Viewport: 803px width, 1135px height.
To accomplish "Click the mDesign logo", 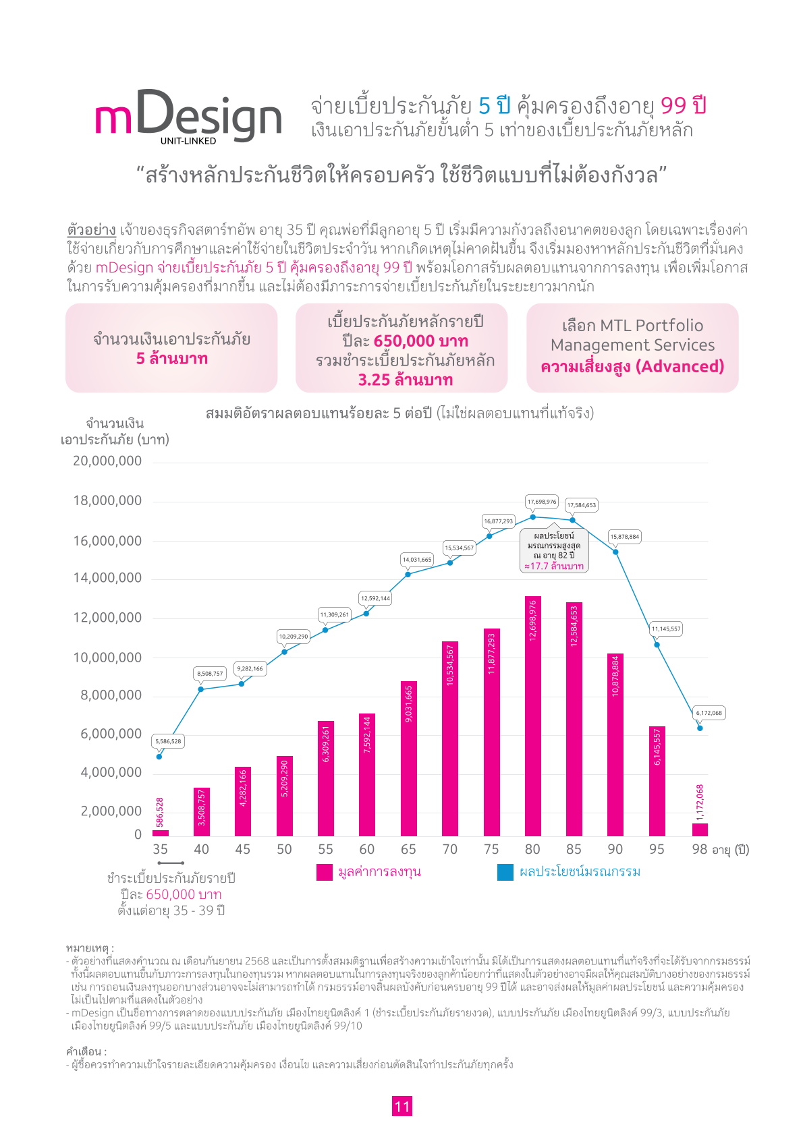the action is point(188,117).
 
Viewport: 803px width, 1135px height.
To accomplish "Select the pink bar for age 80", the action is point(533,716).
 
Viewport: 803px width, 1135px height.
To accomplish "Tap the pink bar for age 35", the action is point(160,833).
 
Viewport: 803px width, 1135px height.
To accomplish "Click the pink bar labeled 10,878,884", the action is point(615,745).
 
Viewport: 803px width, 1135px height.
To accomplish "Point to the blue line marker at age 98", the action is point(700,728).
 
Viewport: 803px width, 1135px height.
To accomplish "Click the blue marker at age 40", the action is point(201,689).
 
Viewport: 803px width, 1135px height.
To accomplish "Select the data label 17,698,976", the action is point(541,502).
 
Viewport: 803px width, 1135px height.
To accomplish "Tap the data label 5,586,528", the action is point(168,740).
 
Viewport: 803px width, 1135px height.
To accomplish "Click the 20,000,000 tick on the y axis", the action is point(107,461).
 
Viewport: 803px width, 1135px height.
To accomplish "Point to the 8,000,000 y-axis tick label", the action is point(111,695).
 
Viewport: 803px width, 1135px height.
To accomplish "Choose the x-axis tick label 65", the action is point(408,849).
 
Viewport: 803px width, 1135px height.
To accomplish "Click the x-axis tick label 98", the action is point(700,849).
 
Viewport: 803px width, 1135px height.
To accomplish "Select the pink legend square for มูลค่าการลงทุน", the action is point(325,872).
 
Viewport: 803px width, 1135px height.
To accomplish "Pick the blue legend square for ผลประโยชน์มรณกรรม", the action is point(505,872).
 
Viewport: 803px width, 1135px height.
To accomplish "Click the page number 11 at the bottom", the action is point(402,1106).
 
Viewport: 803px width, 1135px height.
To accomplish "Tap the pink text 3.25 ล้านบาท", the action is point(405,380).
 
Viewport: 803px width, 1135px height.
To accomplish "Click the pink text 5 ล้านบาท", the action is point(172,359).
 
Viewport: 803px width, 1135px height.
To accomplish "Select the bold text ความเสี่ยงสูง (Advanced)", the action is point(632,366).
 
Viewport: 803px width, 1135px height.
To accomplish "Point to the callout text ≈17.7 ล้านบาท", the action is point(553,566).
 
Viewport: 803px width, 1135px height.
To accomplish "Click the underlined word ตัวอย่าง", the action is point(92,230).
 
